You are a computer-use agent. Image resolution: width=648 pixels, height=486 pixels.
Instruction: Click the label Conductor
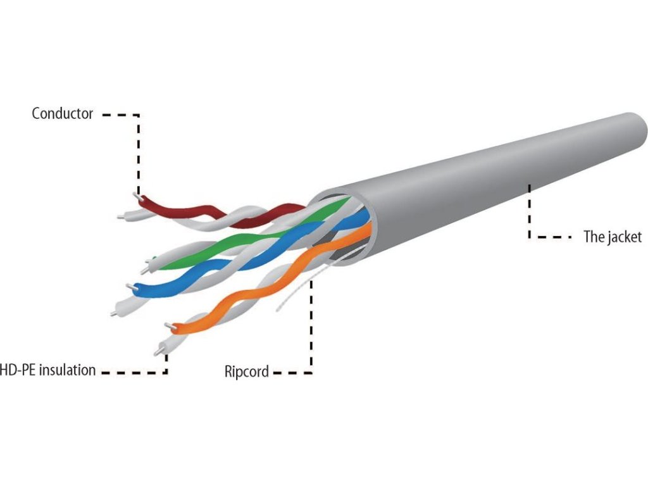click(x=62, y=114)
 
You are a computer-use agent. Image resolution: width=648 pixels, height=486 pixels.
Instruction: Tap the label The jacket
click(x=612, y=237)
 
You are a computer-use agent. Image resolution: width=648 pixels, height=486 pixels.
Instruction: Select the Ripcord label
click(x=246, y=371)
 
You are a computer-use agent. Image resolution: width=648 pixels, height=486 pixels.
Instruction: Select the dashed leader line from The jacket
click(x=530, y=215)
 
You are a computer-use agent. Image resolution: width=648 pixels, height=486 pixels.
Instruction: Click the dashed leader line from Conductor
click(x=138, y=152)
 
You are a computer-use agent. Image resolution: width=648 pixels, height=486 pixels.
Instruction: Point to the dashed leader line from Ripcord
click(x=311, y=329)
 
